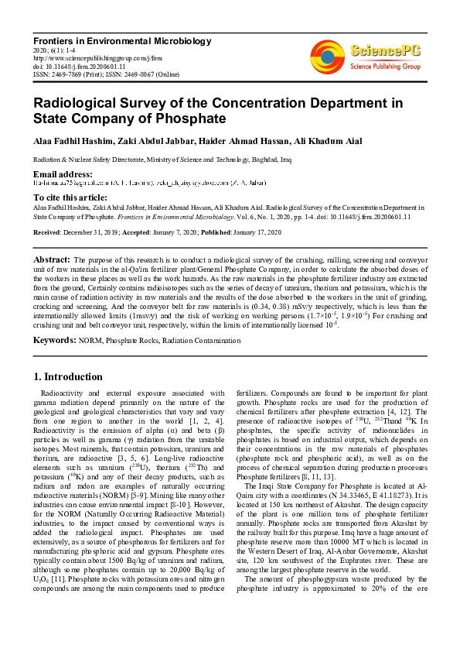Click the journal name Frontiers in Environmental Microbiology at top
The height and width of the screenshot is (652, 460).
click(121, 40)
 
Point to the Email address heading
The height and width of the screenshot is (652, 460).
click(63, 173)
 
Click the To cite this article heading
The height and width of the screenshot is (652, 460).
click(70, 198)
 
